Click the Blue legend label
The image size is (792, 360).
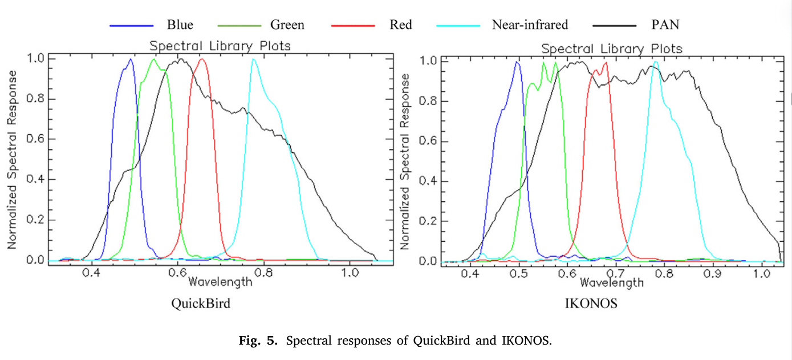[x=180, y=25]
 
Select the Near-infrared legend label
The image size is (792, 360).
[x=530, y=25]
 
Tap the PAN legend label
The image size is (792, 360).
[x=665, y=25]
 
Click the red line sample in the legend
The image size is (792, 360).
[x=352, y=25]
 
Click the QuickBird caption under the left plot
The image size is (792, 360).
[x=201, y=304]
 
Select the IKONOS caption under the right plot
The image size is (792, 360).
[x=591, y=304]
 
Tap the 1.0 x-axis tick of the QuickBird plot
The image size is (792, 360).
[x=350, y=273]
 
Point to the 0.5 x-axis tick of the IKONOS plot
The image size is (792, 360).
[x=518, y=274]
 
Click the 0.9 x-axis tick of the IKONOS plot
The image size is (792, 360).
[x=713, y=274]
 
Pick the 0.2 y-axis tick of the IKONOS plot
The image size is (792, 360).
[x=428, y=221]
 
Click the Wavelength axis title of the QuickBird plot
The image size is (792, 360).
[x=220, y=281]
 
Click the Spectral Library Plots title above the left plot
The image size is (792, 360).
[x=220, y=46]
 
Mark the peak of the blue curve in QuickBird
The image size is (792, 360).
[x=131, y=59]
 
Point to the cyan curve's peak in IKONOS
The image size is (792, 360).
[x=656, y=62]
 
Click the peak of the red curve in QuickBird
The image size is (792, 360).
[x=201, y=59]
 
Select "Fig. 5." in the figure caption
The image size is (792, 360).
[x=259, y=341]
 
